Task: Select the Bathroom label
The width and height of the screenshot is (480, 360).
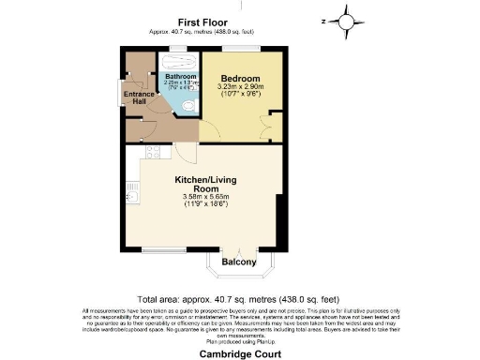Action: [178, 76]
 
